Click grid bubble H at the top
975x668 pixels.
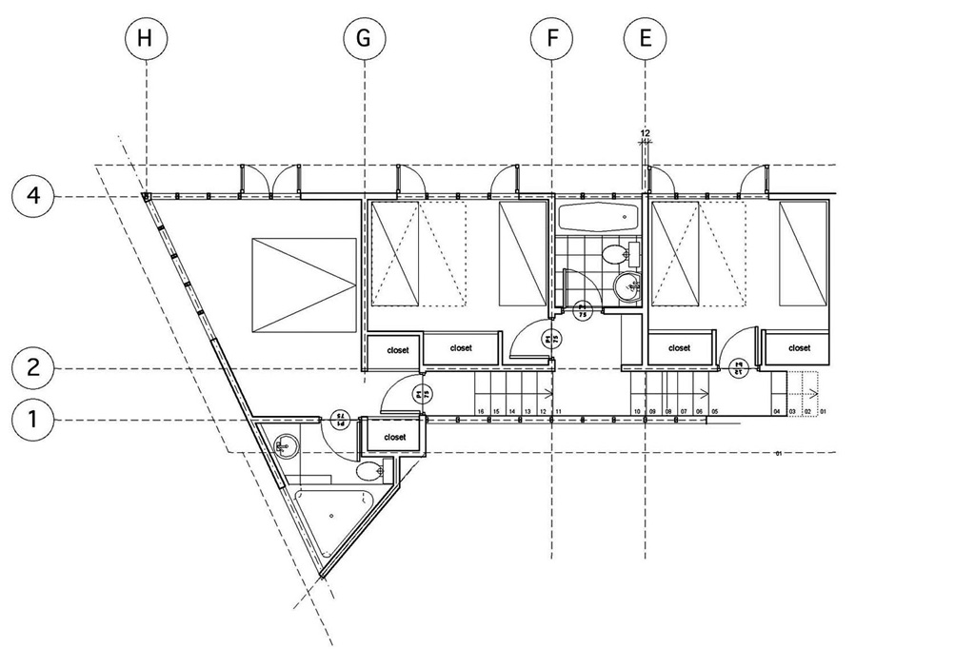(x=145, y=39)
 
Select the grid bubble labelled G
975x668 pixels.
(x=364, y=39)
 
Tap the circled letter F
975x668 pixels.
(x=552, y=39)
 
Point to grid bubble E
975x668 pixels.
(x=646, y=39)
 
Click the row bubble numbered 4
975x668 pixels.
(x=33, y=197)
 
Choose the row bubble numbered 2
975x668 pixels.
(x=33, y=368)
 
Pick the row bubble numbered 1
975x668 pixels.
(x=33, y=419)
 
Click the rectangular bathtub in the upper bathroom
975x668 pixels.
(x=597, y=217)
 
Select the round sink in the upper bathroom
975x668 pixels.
(x=627, y=285)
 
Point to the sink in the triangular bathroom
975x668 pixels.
(x=283, y=443)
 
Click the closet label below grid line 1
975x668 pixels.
(x=394, y=438)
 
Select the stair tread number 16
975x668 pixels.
(x=481, y=412)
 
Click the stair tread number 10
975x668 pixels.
(x=637, y=412)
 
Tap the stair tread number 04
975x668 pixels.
(x=776, y=412)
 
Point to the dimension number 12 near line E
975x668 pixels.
(x=645, y=133)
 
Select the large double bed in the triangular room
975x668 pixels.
(x=304, y=285)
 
